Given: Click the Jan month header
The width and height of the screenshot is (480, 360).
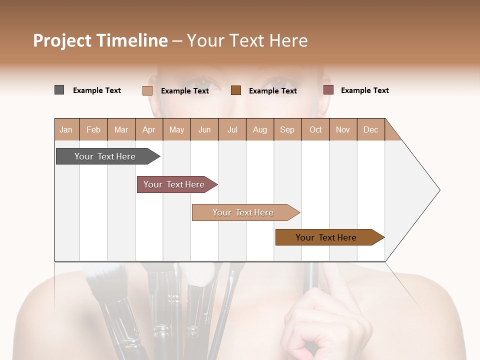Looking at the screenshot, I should click(x=66, y=129).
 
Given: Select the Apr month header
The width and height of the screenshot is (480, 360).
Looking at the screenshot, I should click(x=148, y=129).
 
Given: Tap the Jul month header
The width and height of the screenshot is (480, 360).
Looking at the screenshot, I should click(x=232, y=129).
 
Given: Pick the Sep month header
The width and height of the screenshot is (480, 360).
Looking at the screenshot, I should click(x=287, y=129).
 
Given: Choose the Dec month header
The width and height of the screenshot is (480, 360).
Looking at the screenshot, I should click(x=370, y=129).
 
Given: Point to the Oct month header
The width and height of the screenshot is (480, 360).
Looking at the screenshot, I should click(x=315, y=129).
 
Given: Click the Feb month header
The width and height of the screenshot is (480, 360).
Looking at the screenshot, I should click(x=93, y=129).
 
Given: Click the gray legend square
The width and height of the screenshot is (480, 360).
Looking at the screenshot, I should click(x=59, y=90).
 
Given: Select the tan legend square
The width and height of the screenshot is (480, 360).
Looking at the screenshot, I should click(x=147, y=90).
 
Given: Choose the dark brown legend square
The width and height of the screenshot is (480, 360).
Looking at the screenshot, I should click(x=236, y=90).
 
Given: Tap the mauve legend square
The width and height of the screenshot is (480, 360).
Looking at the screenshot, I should click(x=328, y=90).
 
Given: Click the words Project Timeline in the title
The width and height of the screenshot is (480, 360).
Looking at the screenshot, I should click(x=100, y=40).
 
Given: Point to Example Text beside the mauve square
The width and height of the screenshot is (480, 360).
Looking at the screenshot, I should click(x=364, y=90).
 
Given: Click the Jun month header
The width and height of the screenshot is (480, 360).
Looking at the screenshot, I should click(x=204, y=129).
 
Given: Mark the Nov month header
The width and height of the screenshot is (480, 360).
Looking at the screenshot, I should click(x=342, y=129).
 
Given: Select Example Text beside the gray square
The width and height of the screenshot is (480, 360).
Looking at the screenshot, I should click(x=96, y=90).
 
